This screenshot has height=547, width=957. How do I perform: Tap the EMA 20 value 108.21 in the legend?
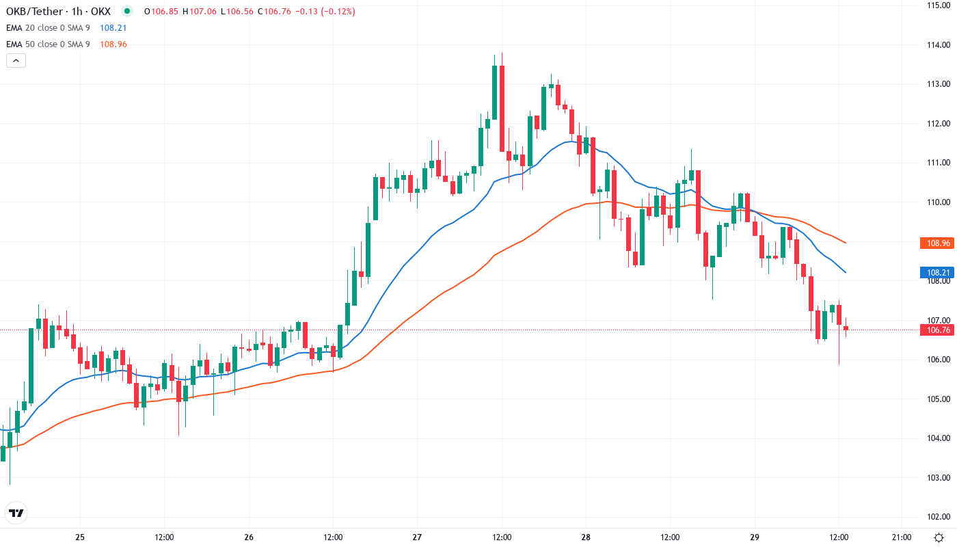tap(113, 28)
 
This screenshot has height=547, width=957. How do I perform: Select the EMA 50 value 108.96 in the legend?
tap(113, 44)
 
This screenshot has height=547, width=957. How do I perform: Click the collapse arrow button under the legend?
tap(16, 60)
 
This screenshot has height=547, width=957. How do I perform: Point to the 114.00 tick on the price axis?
tap(938, 45)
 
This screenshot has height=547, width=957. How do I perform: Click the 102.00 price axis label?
tap(938, 517)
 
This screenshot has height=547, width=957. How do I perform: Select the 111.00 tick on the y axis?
tap(938, 163)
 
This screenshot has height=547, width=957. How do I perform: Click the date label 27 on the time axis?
tap(418, 537)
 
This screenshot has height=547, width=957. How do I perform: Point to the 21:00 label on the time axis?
tap(902, 537)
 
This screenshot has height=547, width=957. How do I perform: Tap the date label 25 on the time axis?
tap(80, 537)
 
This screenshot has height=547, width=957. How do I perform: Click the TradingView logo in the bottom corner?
tap(16, 513)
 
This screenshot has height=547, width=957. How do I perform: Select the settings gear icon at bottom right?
tap(940, 537)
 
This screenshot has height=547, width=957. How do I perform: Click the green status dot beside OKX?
tap(126, 12)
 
